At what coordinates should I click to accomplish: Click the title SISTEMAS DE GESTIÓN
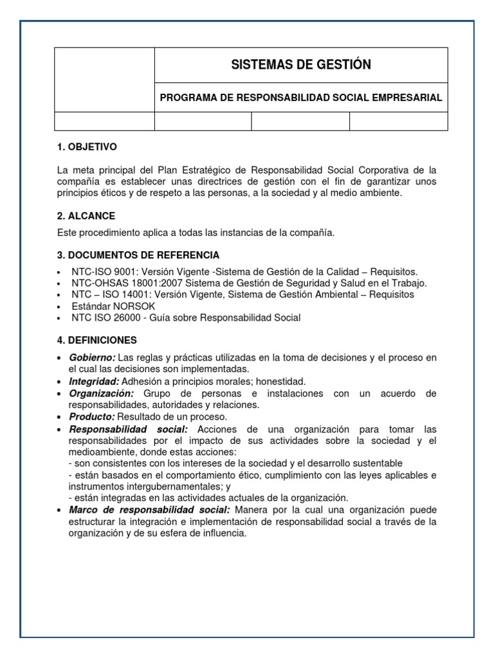pos(300,65)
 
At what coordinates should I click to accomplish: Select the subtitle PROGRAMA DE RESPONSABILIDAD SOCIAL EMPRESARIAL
pos(300,98)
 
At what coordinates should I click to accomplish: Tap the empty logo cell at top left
pos(104,80)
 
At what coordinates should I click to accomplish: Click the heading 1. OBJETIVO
pos(87,147)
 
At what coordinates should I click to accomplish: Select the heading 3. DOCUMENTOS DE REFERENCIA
pos(138,254)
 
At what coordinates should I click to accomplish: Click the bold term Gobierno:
pos(92,357)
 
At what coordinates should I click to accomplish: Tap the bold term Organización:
pos(102,393)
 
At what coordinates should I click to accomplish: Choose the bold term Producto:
pos(91,416)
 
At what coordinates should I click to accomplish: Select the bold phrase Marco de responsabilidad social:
pos(149,510)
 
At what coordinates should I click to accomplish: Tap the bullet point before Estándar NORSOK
pos(59,307)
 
